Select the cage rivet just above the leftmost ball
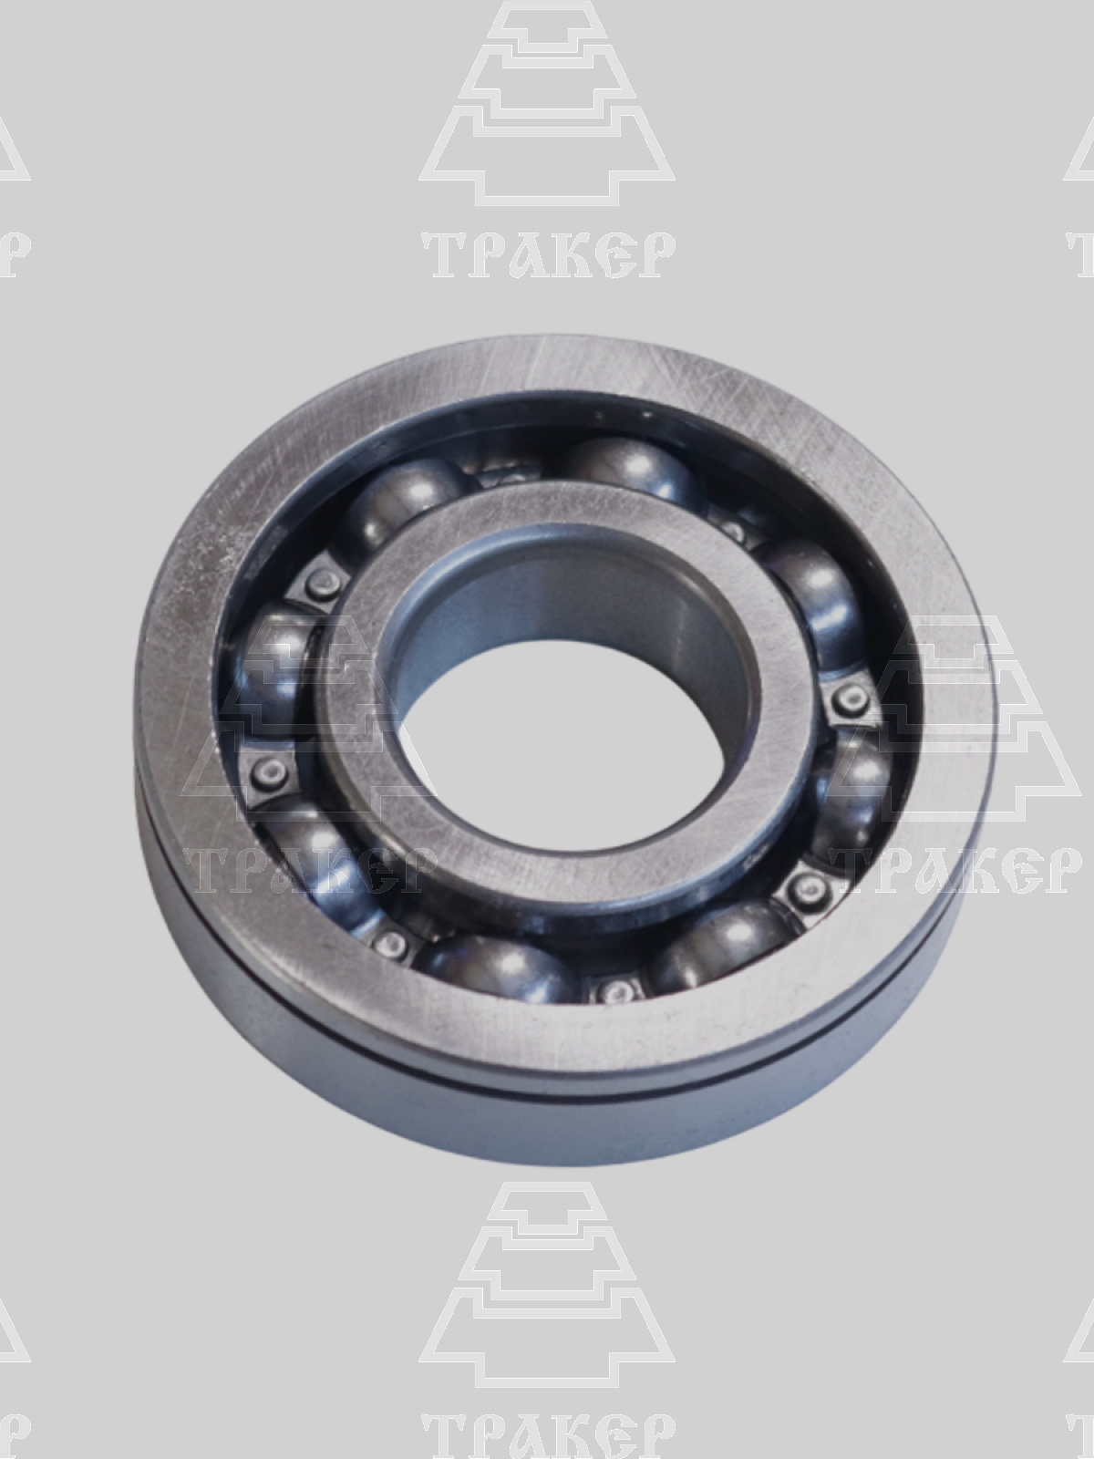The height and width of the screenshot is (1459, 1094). (322, 583)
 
